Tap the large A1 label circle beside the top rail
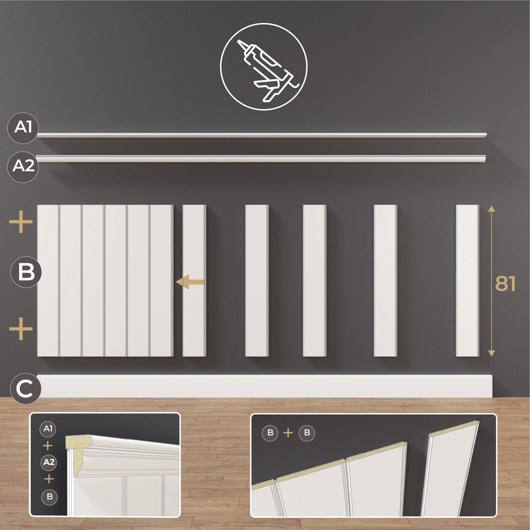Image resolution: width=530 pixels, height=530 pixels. tap(23, 128)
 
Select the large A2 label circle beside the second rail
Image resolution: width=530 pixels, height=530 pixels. tap(23, 167)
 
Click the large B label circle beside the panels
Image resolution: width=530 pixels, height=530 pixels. tap(26, 273)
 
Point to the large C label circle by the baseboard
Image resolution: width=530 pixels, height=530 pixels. tap(26, 388)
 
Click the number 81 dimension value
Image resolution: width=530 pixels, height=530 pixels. tap(505, 284)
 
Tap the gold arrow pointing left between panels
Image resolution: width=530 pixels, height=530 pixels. tap(190, 282)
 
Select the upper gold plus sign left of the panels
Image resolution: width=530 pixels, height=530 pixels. tap(21, 222)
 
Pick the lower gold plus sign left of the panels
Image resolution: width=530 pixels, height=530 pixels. tap(21, 329)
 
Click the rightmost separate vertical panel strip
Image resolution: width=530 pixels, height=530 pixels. tap(467, 280)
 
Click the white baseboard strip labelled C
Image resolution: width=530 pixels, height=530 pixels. tap(264, 386)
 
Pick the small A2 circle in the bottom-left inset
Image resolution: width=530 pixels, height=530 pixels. tap(49, 462)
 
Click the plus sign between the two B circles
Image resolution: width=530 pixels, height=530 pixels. tap(288, 433)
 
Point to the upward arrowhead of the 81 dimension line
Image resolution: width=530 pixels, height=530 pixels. tap(492, 209)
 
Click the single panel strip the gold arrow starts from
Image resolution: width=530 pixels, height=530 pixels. tap(194, 280)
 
